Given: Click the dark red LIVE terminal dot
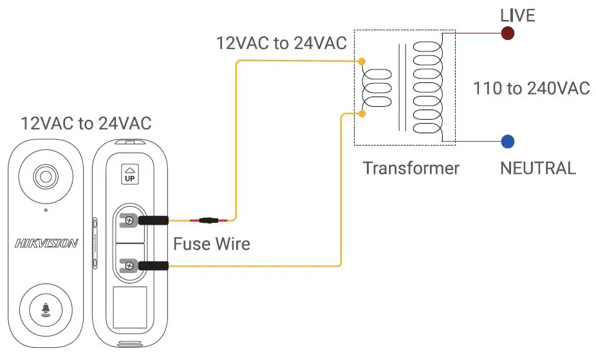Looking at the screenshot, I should coord(508,33).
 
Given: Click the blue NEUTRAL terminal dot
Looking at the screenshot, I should coord(507,141).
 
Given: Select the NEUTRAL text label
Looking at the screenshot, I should coord(537,169).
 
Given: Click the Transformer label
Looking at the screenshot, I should coord(411,169).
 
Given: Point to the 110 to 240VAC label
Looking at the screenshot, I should coord(531,88).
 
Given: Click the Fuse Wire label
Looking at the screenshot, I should coord(211,244).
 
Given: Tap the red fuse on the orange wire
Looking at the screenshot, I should coord(209,221).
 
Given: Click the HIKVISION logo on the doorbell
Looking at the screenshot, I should coord(46,243).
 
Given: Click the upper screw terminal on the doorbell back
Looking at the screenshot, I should coord(129,221).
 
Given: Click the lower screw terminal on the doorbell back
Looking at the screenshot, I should coord(129,265).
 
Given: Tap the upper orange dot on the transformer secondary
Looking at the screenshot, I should coord(362,62).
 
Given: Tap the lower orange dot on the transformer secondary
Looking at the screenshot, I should coord(362,114).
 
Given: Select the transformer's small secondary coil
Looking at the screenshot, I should coord(377,89).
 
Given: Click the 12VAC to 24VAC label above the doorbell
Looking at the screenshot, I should coord(86,123).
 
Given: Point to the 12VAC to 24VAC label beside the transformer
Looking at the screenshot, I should coord(281,44).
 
